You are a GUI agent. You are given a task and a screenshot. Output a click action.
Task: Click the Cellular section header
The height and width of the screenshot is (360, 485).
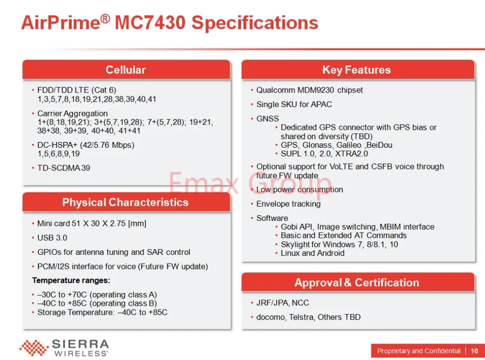point(126,70)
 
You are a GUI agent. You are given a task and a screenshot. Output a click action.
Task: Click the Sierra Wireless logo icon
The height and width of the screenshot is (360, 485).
point(34,347)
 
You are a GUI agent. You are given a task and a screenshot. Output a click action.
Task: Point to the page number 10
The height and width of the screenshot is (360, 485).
point(474,351)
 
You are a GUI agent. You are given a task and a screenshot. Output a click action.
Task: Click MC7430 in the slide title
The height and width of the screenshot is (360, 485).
point(150,23)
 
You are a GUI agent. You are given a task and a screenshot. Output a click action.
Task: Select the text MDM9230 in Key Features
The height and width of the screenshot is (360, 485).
point(316,90)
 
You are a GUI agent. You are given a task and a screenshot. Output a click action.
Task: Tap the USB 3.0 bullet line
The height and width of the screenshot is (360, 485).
point(52,238)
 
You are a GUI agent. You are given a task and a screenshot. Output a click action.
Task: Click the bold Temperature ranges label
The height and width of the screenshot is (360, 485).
point(71,281)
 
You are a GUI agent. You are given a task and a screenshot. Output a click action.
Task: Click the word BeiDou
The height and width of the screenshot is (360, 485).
point(379,145)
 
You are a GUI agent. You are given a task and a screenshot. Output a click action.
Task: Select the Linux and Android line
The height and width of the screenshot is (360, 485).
point(312,253)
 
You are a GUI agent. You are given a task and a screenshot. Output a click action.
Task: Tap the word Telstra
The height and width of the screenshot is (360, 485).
point(301,317)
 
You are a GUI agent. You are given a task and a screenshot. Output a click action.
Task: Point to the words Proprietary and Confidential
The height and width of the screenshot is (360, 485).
point(419,351)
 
